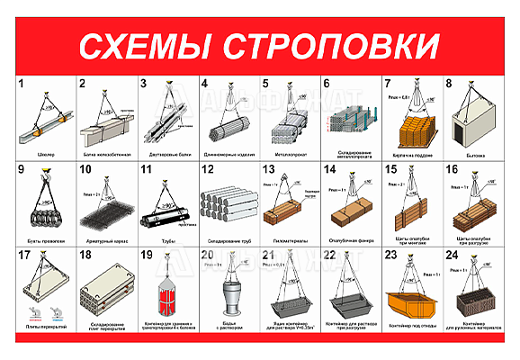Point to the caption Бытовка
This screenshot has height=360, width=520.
[473, 155]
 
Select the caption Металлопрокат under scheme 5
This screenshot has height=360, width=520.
[290, 155]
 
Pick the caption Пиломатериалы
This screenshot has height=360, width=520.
[290, 240]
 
